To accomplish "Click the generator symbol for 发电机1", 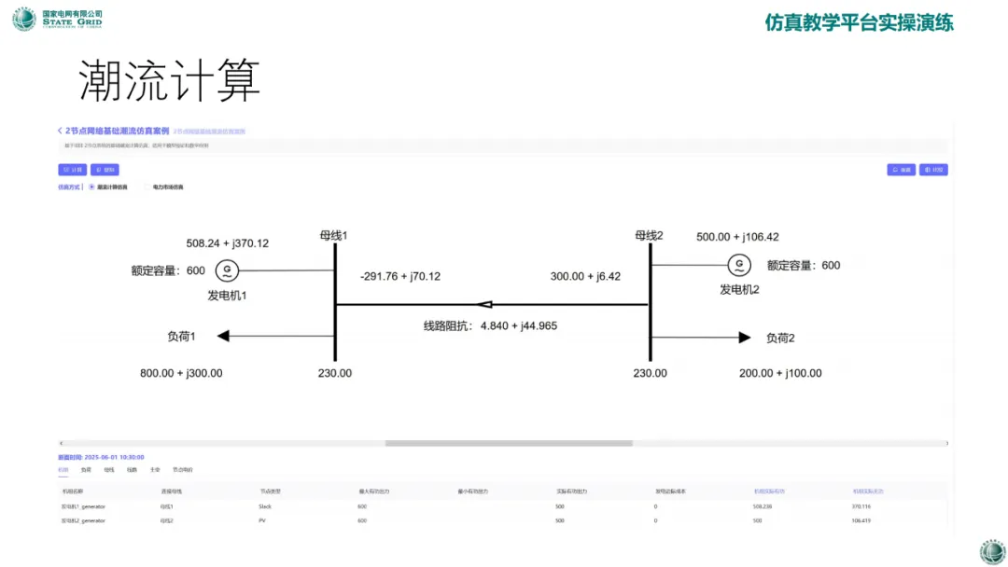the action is tap(227, 270).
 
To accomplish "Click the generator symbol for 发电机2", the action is tap(739, 266).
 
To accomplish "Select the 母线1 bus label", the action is tap(333, 235).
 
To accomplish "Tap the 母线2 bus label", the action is tap(649, 235).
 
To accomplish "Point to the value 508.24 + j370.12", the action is tap(228, 243).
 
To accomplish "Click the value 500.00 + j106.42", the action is tap(737, 237).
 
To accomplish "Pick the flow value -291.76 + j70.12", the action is tap(400, 276).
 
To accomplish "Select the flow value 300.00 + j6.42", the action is tap(585, 276).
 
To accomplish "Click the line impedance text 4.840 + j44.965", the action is tap(519, 325).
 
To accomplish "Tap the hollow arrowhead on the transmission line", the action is tap(483, 304).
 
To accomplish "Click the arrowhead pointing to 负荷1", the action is tap(222, 336).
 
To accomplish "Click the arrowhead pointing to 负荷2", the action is tap(744, 337).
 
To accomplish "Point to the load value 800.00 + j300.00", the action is tap(182, 373).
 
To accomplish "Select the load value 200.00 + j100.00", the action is tap(780, 373).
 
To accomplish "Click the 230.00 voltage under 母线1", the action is tap(335, 373).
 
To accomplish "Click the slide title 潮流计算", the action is tap(169, 81).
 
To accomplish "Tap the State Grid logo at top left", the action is tap(24, 19).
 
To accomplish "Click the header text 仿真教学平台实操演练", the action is tap(859, 23).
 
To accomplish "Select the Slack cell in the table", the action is tap(265, 505).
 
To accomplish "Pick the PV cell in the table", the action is tap(262, 520).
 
